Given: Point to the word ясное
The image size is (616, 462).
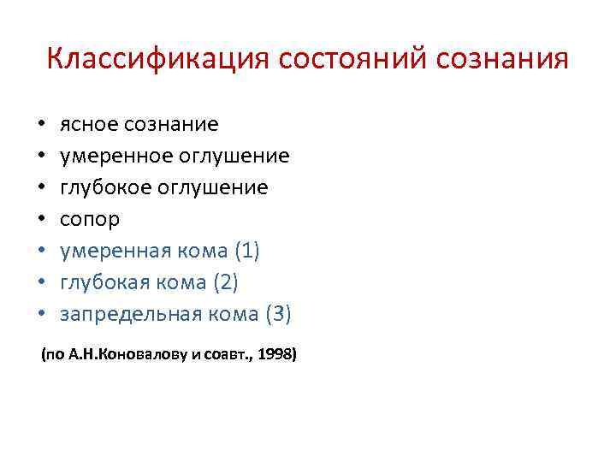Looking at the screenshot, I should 89,125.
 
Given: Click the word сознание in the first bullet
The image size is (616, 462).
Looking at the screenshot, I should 171,125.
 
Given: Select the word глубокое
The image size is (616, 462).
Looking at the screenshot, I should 110,188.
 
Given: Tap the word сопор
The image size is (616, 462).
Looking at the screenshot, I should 90,220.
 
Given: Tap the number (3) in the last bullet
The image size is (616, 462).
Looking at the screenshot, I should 278,315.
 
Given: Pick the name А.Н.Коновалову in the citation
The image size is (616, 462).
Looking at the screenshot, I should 127,353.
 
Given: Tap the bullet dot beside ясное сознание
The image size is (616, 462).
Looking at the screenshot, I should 41,126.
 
